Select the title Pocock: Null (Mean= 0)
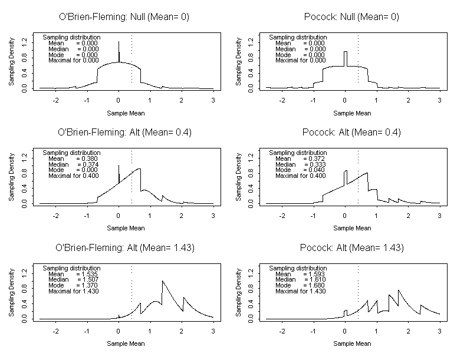coord(351,16)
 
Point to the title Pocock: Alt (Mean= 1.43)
coord(351,247)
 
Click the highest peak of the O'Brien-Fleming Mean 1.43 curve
coord(162,282)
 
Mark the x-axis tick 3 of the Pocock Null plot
coord(439,100)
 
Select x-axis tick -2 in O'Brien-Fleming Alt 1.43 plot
coord(56,331)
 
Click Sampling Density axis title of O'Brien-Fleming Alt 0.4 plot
coord(12,177)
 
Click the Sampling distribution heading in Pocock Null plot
coord(298,37)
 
